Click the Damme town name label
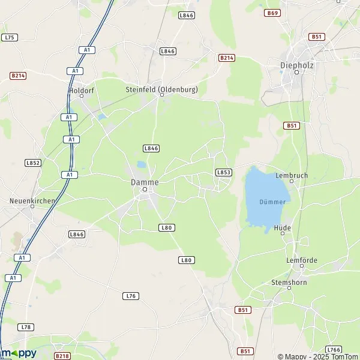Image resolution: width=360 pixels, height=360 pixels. pyautogui.click(x=145, y=181)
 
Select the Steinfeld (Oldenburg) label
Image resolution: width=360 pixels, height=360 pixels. pyautogui.click(x=161, y=89)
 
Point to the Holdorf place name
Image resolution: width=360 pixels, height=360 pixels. pyautogui.click(x=82, y=91)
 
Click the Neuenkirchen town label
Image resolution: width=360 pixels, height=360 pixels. pyautogui.click(x=32, y=201)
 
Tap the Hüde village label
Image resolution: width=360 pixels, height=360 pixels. pyautogui.click(x=282, y=228)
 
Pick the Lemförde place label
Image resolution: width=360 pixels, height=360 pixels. pyautogui.click(x=301, y=260)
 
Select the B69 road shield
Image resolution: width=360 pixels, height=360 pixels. pyautogui.click(x=273, y=13)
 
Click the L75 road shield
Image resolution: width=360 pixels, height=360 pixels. pyautogui.click(x=10, y=37)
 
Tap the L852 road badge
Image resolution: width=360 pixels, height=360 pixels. pyautogui.click(x=32, y=163)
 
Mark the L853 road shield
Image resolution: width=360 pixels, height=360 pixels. pyautogui.click(x=223, y=172)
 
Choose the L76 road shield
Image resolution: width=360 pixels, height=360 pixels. pyautogui.click(x=130, y=296)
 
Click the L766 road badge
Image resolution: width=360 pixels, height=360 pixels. pyautogui.click(x=334, y=349)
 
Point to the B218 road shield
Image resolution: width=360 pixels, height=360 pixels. pyautogui.click(x=62, y=356)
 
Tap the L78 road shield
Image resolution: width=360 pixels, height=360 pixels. pyautogui.click(x=25, y=327)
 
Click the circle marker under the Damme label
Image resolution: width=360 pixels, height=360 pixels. pyautogui.click(x=145, y=190)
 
